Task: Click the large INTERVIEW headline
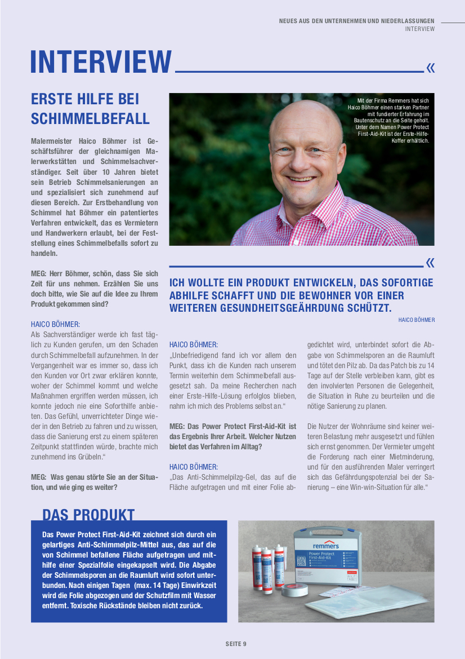point(101,61)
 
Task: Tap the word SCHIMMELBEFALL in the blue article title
point(90,118)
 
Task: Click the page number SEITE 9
point(236,644)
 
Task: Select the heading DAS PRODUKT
point(88,515)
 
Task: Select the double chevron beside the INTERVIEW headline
point(431,68)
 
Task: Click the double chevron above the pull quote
point(431,263)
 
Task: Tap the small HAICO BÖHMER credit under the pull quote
point(417,320)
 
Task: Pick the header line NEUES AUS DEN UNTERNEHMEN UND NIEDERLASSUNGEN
point(357,21)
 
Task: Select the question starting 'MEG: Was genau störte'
point(94,482)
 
